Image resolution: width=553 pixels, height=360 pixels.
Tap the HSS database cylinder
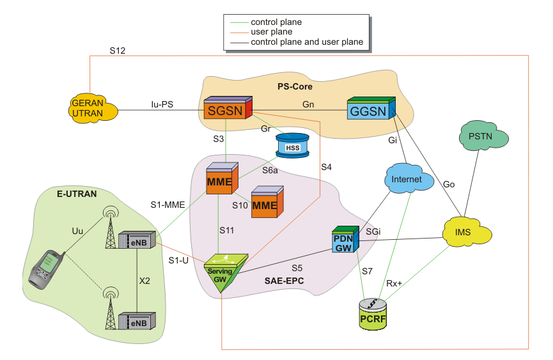coord(292,147)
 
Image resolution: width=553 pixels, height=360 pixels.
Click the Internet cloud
coord(407,180)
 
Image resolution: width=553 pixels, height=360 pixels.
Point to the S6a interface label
coord(270,171)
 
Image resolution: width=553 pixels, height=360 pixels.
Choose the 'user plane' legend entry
coord(272,31)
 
